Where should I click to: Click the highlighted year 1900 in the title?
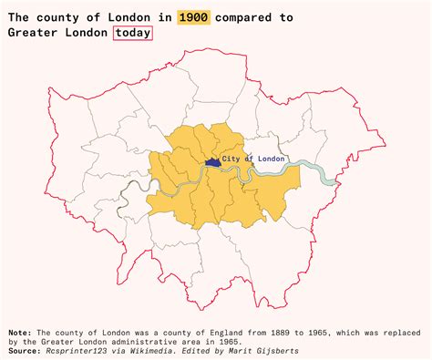tap(193, 17)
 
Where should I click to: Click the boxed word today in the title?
tap(133, 33)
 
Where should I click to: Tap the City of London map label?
tap(253, 159)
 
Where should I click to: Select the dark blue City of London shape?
tap(212, 161)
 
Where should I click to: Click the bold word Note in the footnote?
tap(19, 333)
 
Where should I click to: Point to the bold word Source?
tap(25, 350)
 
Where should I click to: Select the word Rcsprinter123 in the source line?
tap(77, 350)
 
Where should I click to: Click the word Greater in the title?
tap(34, 33)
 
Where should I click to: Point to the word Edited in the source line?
tap(196, 350)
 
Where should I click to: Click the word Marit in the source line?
tap(239, 350)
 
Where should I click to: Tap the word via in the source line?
tap(123, 350)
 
